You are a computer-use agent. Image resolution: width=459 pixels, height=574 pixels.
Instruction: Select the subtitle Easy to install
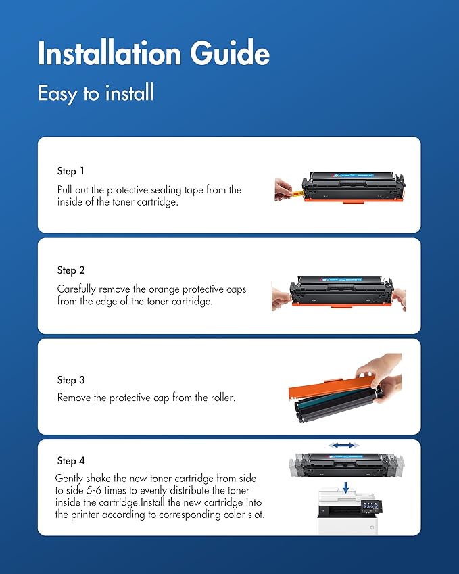pyautogui.click(x=95, y=93)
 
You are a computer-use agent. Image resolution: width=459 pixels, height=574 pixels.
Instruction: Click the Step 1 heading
pyautogui.click(x=71, y=171)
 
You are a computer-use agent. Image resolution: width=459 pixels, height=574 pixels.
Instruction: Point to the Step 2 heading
pyautogui.click(x=72, y=270)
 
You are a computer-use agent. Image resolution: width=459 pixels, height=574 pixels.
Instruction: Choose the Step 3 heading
pyautogui.click(x=72, y=380)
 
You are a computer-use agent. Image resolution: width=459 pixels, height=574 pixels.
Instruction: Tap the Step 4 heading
pyautogui.click(x=72, y=460)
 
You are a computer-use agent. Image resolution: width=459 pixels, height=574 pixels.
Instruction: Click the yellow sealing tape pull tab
pyautogui.click(x=296, y=193)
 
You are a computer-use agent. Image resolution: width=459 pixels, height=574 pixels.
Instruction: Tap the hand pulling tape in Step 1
pyautogui.click(x=283, y=190)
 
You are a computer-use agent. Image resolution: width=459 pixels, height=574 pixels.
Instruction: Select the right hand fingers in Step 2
pyautogui.click(x=399, y=297)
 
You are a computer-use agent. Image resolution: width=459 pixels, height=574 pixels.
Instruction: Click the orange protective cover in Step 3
pyautogui.click(x=324, y=388)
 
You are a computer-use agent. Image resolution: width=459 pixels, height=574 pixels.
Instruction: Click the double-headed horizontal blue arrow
pyautogui.click(x=345, y=446)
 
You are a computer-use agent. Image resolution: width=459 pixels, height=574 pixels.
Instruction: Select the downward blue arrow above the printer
pyautogui.click(x=345, y=487)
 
